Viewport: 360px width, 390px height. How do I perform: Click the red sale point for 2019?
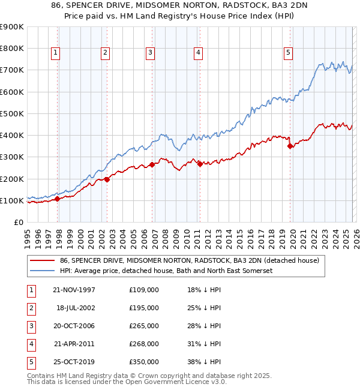pyautogui.click(x=290, y=146)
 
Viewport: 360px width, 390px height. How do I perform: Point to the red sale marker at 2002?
pyautogui.click(x=107, y=179)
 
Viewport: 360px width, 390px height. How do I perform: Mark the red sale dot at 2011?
pyautogui.click(x=200, y=163)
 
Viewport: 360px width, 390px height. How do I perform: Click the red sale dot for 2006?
pyautogui.click(x=152, y=164)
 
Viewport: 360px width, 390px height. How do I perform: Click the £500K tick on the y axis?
pyautogui.click(x=12, y=113)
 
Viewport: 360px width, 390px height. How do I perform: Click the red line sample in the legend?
pyautogui.click(x=42, y=260)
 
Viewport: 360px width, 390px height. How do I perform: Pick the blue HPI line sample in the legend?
pyautogui.click(x=42, y=271)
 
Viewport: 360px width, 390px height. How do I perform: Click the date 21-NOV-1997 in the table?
pyautogui.click(x=74, y=290)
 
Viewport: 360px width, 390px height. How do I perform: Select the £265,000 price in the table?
pyautogui.click(x=143, y=326)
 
